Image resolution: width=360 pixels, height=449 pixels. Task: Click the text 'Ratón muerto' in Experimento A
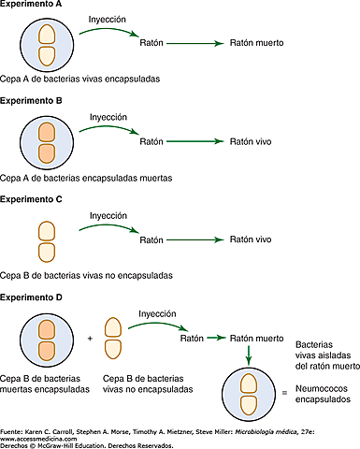point(256,43)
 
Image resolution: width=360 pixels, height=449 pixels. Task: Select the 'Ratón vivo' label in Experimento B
point(251,141)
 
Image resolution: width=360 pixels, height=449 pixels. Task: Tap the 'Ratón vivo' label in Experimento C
point(251,239)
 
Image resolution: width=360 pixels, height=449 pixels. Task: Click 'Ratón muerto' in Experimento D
point(256,338)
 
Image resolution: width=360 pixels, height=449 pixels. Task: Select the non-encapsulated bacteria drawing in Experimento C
point(45,239)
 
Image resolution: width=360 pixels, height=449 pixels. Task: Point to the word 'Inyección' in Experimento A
point(108,19)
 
